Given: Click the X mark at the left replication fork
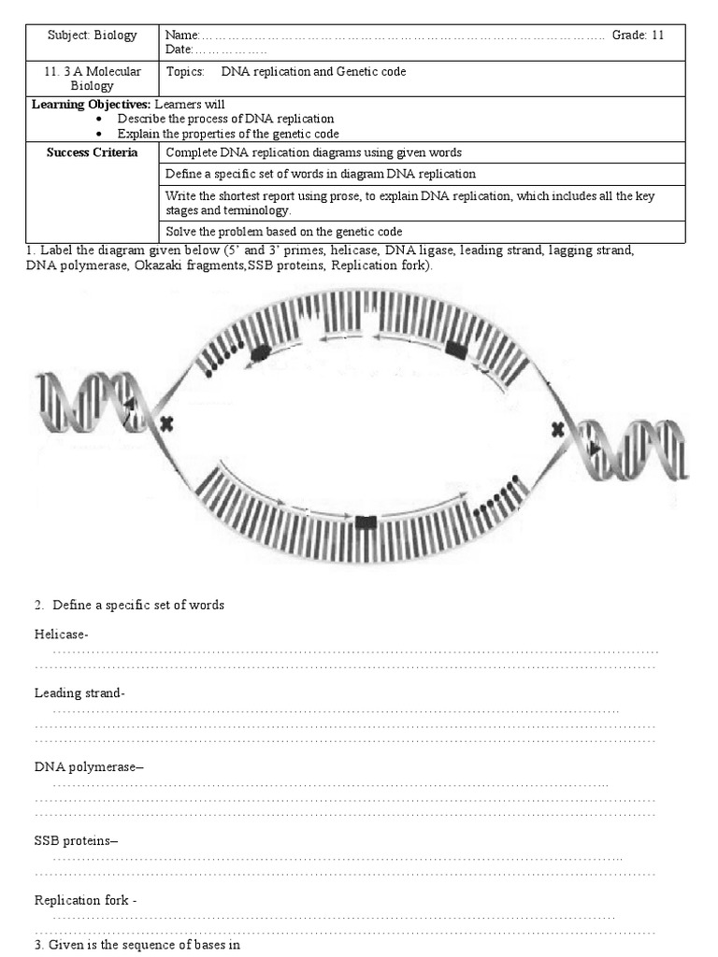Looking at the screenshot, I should [x=166, y=424].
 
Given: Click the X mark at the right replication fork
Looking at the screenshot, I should [x=558, y=429].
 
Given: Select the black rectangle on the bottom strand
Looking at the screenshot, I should [x=366, y=521].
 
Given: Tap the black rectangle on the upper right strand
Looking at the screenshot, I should [x=456, y=350].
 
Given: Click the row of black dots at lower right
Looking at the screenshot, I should [x=493, y=496].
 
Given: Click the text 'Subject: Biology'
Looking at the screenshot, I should [x=92, y=36].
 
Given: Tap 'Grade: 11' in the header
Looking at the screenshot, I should [x=638, y=36].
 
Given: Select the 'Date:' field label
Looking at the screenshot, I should [x=179, y=49].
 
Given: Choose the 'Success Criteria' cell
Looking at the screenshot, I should [x=92, y=152].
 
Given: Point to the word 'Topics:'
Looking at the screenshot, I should [x=185, y=72].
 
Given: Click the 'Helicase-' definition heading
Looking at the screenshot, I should [x=62, y=635].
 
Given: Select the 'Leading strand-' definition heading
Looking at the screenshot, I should [x=79, y=693].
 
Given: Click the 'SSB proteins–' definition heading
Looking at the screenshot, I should [x=77, y=840].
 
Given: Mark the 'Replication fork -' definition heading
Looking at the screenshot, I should [x=86, y=901].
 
